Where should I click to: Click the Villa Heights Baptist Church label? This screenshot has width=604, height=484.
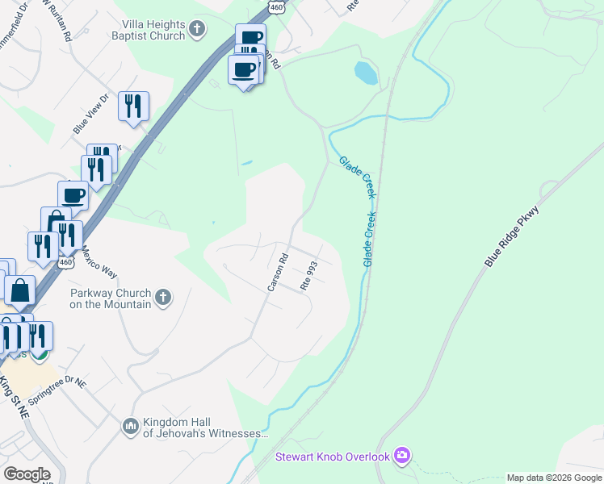coord(153,31)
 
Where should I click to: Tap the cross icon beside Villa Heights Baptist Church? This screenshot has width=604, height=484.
coord(197,31)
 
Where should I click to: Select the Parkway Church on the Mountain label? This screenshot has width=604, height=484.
coord(111,298)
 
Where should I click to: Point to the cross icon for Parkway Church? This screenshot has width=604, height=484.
coord(162,298)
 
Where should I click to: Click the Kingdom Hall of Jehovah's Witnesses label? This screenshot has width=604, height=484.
coord(204,428)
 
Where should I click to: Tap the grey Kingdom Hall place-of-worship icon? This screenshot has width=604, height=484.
coord(131,425)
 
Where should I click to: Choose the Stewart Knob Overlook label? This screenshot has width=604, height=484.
coord(333,457)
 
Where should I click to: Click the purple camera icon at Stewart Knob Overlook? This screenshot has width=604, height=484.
coord(402,457)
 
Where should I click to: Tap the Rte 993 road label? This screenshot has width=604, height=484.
coord(309,275)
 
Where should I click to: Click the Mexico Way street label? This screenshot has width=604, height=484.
coord(99,261)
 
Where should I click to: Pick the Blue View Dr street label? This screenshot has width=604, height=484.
coord(90,115)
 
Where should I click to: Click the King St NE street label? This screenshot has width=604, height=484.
coord(14,396)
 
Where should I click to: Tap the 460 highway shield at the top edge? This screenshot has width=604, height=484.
coord(277,6)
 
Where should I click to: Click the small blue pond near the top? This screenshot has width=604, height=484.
coord(366,73)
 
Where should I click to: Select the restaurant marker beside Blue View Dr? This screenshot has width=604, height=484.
coord(133,106)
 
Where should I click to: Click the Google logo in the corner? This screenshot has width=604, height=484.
coord(27,474)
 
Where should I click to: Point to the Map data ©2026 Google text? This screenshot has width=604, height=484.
coord(554,478)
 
